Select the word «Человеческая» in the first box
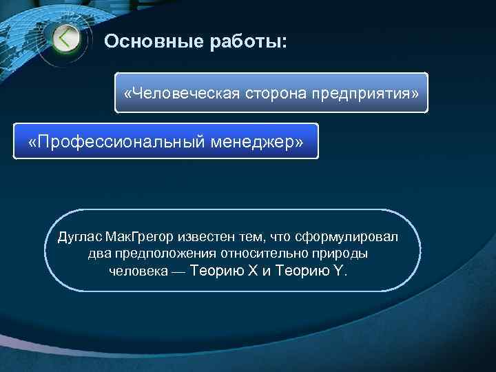point(180,92)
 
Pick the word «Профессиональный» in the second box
point(116,141)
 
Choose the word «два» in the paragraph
point(98,254)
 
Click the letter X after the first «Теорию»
point(253,270)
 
